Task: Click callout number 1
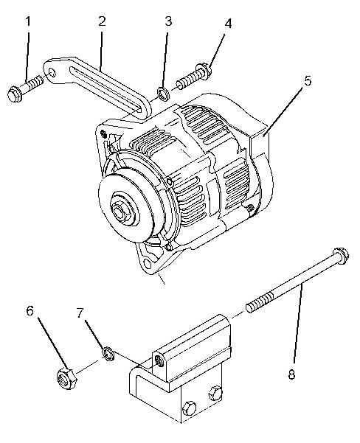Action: (x=28, y=22)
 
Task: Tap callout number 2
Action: (x=102, y=21)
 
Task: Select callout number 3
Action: (x=168, y=21)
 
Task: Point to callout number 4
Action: (x=228, y=24)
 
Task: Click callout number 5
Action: (x=308, y=81)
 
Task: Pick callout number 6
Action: (x=30, y=311)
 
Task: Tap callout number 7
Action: (x=80, y=313)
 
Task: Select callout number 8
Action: (x=291, y=374)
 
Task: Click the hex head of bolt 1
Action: (x=15, y=94)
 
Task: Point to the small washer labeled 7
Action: (x=108, y=354)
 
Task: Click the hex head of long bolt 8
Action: (x=341, y=256)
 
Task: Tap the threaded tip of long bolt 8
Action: (x=249, y=307)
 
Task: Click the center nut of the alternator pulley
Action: (x=120, y=210)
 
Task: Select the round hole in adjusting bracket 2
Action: (x=52, y=73)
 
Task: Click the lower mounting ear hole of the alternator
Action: (x=148, y=264)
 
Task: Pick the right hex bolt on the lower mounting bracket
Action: (x=215, y=393)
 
